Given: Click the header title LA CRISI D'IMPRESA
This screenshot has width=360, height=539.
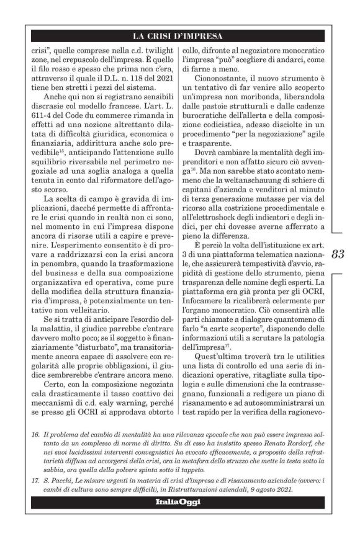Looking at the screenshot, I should tap(179, 35).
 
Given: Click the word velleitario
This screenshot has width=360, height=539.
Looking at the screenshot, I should tap(76, 317).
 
